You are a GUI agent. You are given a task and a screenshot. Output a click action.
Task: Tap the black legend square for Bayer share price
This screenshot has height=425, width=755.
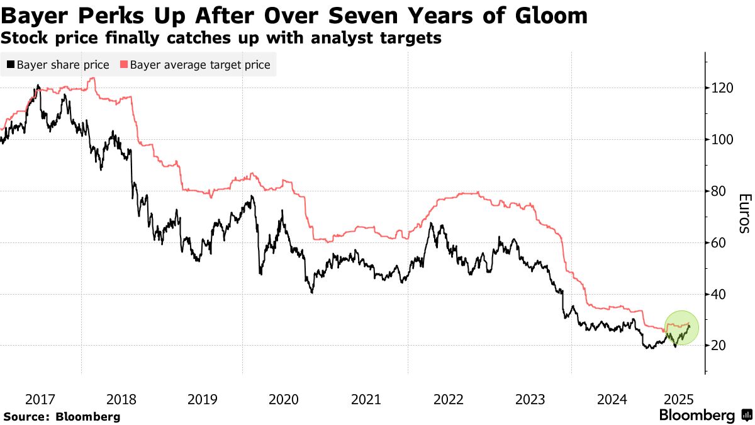(11, 65)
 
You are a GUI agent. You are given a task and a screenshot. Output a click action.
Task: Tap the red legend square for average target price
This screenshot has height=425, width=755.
(124, 65)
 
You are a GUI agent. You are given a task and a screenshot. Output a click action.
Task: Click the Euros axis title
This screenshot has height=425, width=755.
(743, 213)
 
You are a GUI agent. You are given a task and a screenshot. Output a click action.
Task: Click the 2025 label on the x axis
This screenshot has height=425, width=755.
(679, 399)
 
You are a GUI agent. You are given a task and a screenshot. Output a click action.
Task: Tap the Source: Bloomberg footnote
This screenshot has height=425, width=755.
(62, 416)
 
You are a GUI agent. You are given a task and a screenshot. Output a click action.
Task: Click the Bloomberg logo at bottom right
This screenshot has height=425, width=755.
(705, 416)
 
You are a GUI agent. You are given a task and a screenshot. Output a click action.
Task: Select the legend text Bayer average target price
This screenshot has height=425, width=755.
(200, 65)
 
